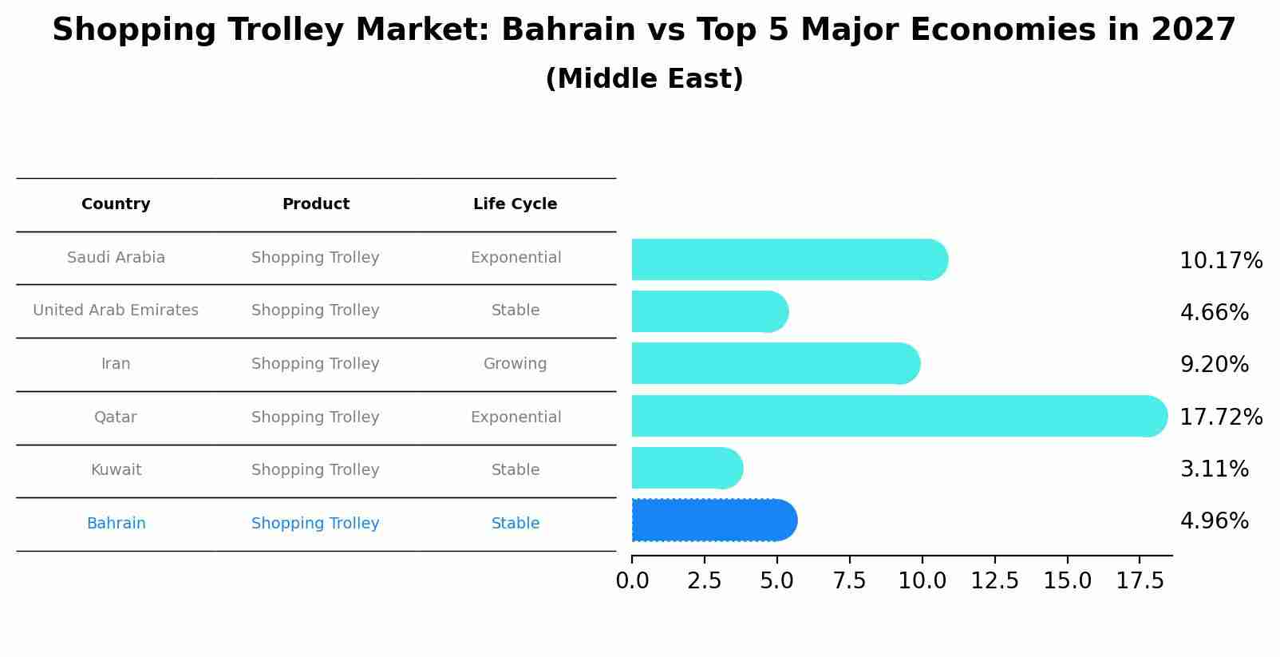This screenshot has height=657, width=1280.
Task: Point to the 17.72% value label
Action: pyautogui.click(x=1221, y=417)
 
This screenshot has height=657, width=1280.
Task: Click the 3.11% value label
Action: pyautogui.click(x=1214, y=469)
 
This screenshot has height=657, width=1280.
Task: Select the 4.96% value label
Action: pyautogui.click(x=1214, y=521)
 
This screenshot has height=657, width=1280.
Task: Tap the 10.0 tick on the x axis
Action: pyautogui.click(x=922, y=581)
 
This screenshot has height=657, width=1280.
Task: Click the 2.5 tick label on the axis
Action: pyautogui.click(x=705, y=581)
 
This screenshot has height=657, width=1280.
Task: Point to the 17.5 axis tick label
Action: pyautogui.click(x=1140, y=581)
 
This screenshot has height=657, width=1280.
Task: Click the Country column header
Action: pyautogui.click(x=116, y=204)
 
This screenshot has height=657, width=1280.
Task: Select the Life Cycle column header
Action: pyautogui.click(x=515, y=204)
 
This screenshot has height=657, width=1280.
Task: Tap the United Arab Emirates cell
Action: pyautogui.click(x=116, y=311)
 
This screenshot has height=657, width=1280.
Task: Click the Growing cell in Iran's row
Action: pyautogui.click(x=515, y=364)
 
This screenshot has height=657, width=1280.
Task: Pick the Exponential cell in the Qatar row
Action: pyautogui.click(x=516, y=418)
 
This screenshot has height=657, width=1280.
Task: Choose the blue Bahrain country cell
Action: pyautogui.click(x=116, y=524)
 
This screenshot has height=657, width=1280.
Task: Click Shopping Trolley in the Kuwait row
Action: pyautogui.click(x=315, y=470)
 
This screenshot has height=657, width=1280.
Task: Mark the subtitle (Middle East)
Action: pyautogui.click(x=644, y=79)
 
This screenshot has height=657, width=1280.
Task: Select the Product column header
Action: pyautogui.click(x=315, y=204)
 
